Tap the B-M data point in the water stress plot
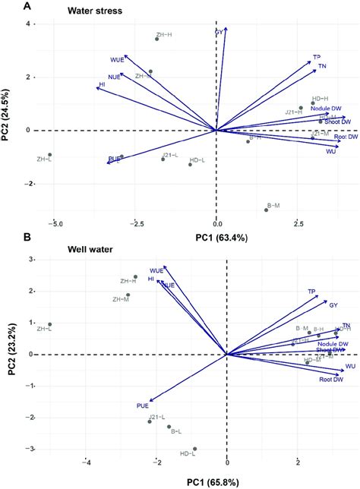(267, 210)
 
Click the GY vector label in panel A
(219, 33)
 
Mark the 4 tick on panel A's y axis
(27, 24)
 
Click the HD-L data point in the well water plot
(194, 449)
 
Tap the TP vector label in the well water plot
(311, 292)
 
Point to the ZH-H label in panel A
(163, 33)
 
